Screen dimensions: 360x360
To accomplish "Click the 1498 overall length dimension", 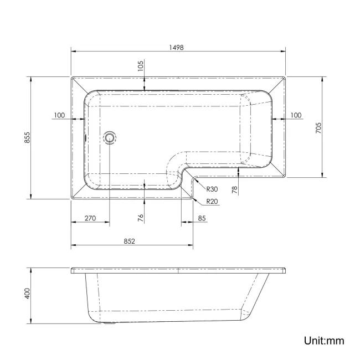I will [x=177, y=48].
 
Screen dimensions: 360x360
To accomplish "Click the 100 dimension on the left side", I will [x=60, y=115].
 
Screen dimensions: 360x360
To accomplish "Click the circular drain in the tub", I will [x=110, y=137].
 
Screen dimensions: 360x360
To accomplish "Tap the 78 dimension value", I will [x=234, y=189].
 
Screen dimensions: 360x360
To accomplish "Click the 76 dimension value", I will [x=141, y=218].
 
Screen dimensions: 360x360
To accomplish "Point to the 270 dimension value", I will [x=90, y=218].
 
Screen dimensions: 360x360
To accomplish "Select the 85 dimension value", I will [x=202, y=218].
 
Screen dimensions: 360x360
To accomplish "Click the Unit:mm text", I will [x=324, y=341].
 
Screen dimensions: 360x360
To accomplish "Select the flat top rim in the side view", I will [x=177, y=271].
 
